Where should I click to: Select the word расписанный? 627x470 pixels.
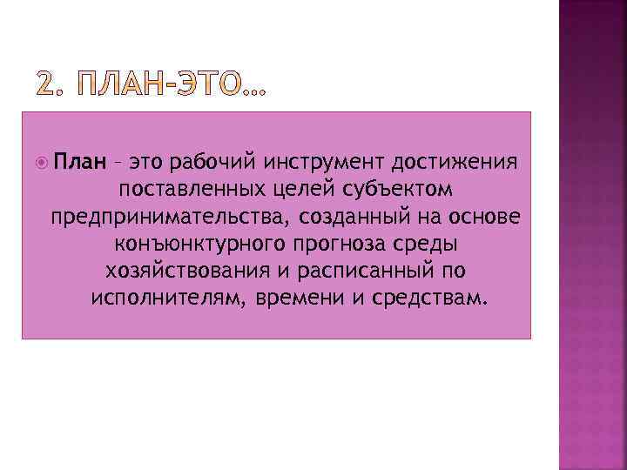352,272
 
